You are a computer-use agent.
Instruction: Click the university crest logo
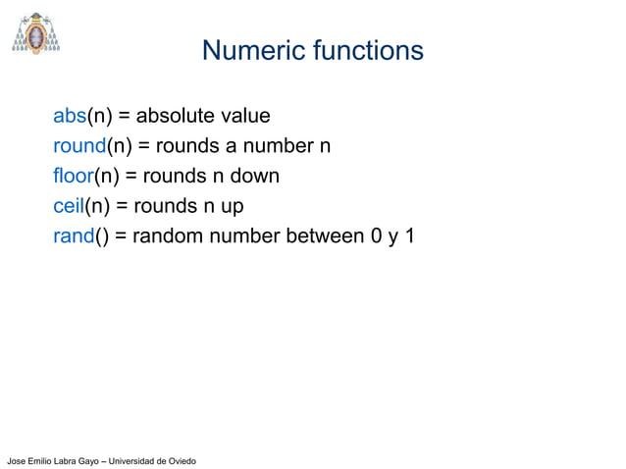point(35,33)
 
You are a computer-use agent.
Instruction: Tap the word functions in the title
point(367,50)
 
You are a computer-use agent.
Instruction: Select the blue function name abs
point(70,117)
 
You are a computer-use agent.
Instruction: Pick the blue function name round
point(78,146)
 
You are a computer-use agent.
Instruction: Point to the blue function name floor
point(73,177)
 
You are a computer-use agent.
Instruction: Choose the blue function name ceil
point(69,206)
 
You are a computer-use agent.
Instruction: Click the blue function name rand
point(74,235)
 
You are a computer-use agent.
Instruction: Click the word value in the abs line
point(245,117)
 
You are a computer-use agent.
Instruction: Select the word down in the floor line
point(255,177)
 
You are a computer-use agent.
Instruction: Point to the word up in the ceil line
point(232,207)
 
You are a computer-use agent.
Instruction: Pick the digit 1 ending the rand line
point(409,235)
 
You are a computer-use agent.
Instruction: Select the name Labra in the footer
point(62,460)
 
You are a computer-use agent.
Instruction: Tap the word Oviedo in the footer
point(180,460)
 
